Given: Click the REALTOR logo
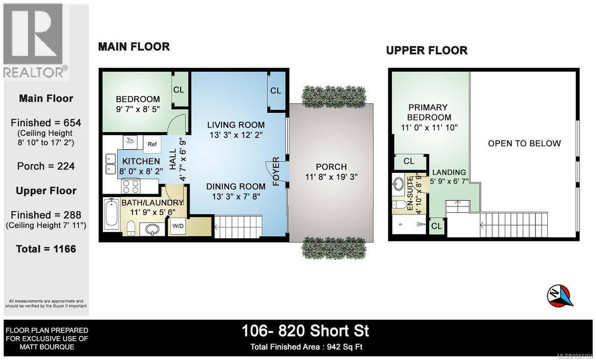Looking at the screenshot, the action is pos(36,41).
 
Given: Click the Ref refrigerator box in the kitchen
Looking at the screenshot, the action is pos(152,144).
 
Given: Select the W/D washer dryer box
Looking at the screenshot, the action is pos(178,226).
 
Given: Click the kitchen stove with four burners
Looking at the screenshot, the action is pos(131,186).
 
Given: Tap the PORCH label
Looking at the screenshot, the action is pos(331,167).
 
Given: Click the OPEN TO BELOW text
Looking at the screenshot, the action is pos(524,144).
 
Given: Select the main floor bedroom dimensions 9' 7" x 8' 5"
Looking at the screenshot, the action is pos(138,109).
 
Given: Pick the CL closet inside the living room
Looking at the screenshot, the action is pos(276,91).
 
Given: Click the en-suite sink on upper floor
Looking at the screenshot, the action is pos(398,184).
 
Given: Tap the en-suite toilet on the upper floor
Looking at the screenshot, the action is pos(400,205).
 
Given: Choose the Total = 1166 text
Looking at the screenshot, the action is pos(46,249).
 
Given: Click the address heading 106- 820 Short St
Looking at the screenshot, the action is pos(305,331).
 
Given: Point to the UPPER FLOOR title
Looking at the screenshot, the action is pos(427,50).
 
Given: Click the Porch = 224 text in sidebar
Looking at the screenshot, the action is pos(46,166).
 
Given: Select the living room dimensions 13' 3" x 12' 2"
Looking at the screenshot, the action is pos(236,135).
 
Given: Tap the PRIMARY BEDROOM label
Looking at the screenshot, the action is pos(429,112).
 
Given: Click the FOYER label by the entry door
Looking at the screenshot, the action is pos(276,171).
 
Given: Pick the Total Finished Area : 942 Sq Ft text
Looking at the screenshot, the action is pos(306,347).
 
